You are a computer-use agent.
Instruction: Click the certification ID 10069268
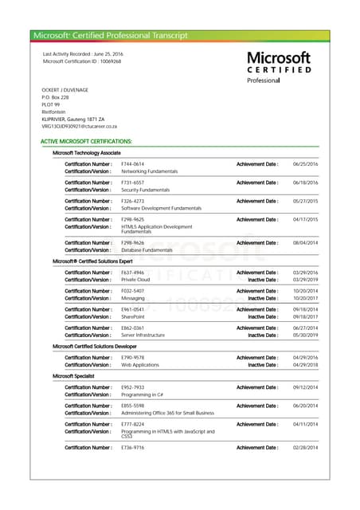106,61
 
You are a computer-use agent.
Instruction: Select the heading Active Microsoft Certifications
86,141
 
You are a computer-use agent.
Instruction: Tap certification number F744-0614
132,163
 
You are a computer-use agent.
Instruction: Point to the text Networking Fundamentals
149,171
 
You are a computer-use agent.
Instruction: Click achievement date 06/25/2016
305,163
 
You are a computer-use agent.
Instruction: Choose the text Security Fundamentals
146,190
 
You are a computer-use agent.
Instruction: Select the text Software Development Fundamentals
161,208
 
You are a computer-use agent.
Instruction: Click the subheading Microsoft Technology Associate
86,152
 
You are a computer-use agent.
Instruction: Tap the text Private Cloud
135,280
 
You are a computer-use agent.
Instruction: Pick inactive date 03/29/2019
305,280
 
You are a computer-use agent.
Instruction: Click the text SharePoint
133,317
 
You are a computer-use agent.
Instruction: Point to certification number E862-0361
132,328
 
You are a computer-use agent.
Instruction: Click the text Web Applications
140,365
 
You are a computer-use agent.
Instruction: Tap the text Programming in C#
143,394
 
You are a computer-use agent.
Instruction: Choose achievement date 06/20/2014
305,406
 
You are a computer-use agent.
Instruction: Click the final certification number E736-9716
132,448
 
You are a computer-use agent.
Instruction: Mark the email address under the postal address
80,126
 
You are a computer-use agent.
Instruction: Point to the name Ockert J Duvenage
65,91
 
